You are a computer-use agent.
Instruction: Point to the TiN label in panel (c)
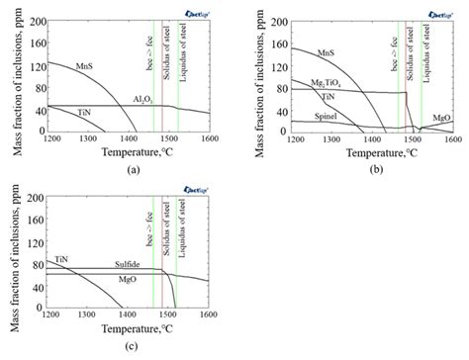click(x=61, y=256)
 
